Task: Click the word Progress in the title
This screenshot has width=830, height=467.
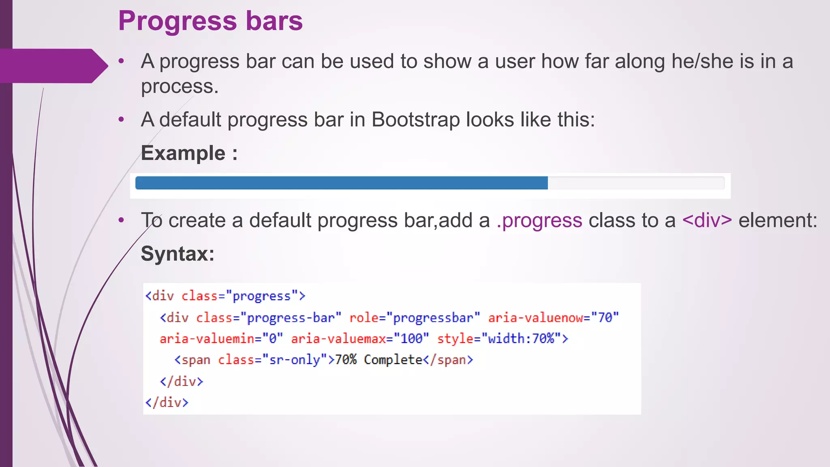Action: (x=177, y=21)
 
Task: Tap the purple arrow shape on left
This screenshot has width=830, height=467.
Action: (x=53, y=66)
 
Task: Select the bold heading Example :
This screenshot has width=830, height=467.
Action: (x=189, y=154)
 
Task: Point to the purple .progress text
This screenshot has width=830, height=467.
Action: (x=539, y=221)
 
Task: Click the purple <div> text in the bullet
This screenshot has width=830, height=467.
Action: (x=707, y=221)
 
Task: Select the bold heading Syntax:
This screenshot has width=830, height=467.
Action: (x=178, y=254)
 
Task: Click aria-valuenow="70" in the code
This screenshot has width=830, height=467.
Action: (x=553, y=318)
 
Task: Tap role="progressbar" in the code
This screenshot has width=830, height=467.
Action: (x=415, y=318)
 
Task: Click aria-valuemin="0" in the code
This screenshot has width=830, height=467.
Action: (x=221, y=339)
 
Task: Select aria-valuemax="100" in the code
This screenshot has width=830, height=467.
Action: (x=359, y=339)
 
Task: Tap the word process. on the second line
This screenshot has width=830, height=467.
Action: (x=180, y=87)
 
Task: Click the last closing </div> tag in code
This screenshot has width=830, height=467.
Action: (x=167, y=403)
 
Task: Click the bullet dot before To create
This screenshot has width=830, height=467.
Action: (x=121, y=221)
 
